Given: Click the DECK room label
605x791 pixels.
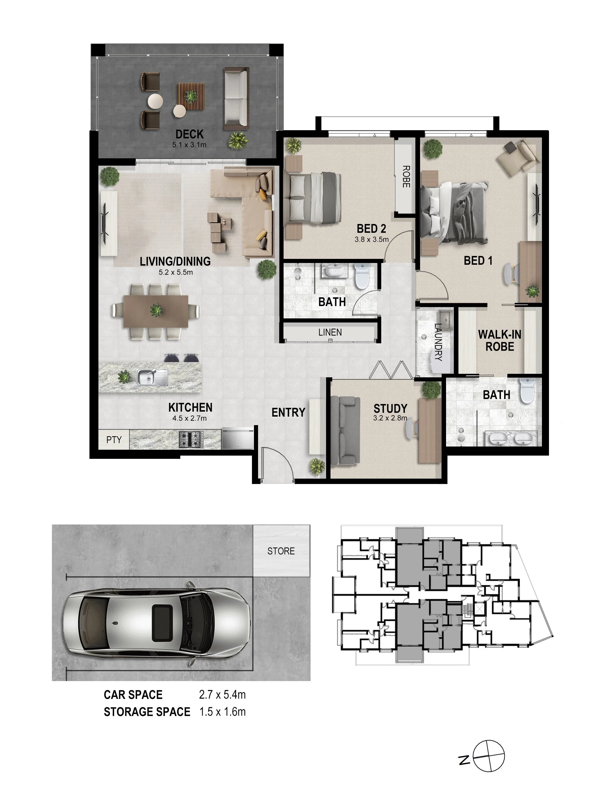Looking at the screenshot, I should coord(189,134).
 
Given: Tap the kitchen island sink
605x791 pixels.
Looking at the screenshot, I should coord(152,377).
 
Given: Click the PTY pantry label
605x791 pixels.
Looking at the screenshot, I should coord(114,439).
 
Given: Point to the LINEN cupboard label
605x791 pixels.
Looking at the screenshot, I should coord(330,332).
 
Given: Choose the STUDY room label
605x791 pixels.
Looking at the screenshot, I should coord(390,409).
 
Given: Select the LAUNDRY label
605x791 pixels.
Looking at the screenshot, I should coord(438,342).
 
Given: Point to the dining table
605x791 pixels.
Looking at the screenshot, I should coord(155,311).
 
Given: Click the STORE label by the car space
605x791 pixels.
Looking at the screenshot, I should coord(281,551).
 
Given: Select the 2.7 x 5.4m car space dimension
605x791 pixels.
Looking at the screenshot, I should coord(222,695).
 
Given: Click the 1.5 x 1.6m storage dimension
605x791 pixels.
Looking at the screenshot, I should coord(223,712).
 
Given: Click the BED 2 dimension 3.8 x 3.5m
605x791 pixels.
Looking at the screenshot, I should coord(371,239).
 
